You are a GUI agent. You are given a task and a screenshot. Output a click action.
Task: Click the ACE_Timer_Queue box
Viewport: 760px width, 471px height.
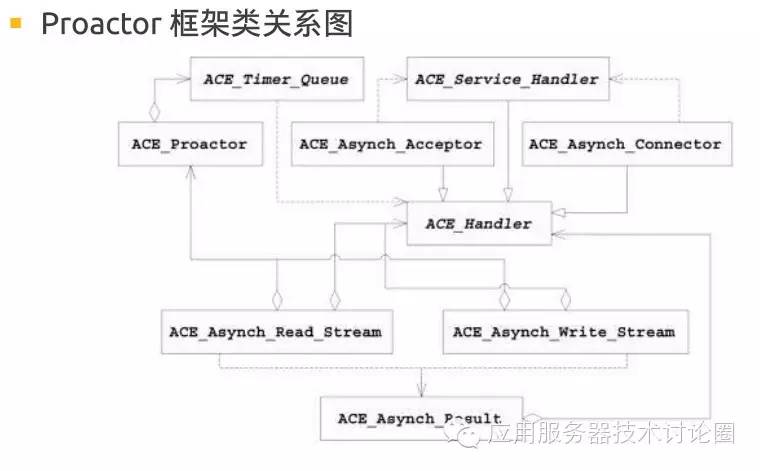(x=275, y=80)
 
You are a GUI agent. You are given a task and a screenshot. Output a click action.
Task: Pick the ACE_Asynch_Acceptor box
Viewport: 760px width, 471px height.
(x=390, y=144)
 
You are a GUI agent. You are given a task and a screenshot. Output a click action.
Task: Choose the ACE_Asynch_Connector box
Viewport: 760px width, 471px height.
(x=625, y=144)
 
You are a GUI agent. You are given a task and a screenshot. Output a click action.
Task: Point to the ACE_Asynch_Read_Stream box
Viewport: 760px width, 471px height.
(x=275, y=331)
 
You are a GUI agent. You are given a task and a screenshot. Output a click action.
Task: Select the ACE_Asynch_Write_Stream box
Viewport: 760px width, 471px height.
(x=563, y=331)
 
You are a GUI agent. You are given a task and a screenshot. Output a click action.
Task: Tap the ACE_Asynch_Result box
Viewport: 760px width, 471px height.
(x=419, y=417)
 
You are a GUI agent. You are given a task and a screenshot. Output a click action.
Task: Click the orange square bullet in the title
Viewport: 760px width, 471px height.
(x=16, y=23)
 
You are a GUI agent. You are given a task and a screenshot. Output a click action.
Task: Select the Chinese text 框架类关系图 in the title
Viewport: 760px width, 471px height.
(x=261, y=24)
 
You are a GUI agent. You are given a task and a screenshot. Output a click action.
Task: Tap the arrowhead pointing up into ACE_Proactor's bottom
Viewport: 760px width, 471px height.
(x=189, y=171)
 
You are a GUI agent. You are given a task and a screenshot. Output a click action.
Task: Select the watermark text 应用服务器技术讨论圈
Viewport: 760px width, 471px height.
(x=612, y=434)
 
